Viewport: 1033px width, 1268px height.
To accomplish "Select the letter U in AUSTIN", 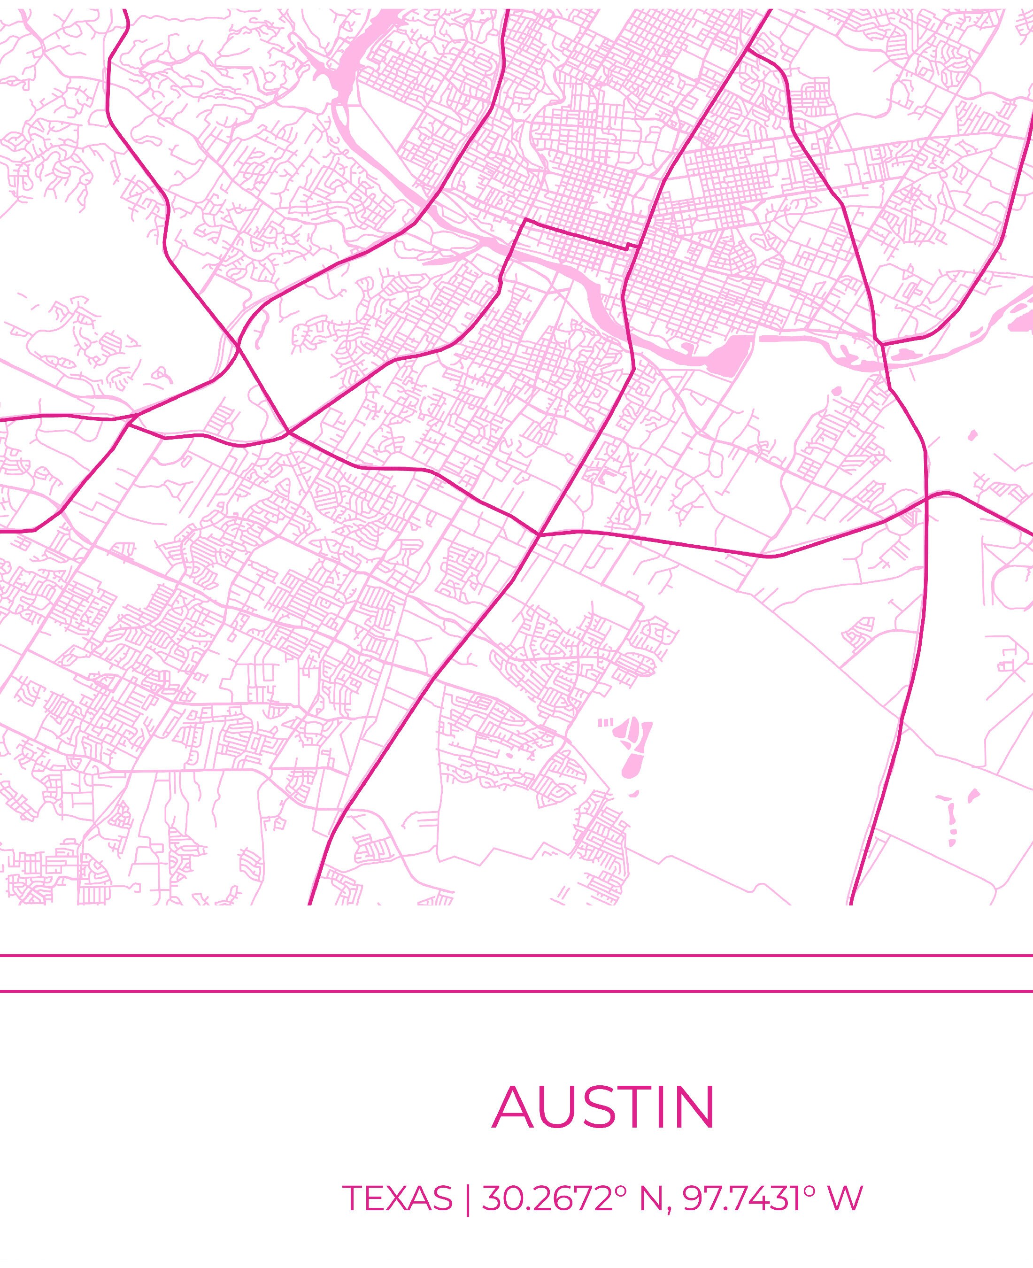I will pos(561,1108).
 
